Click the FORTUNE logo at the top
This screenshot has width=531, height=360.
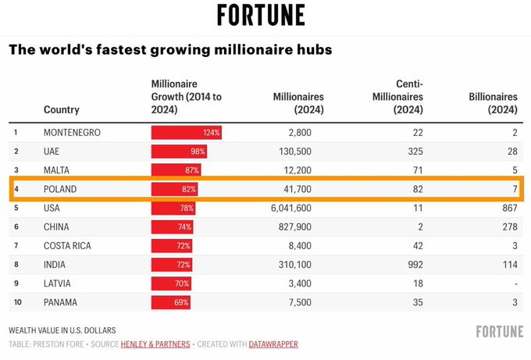click(x=261, y=15)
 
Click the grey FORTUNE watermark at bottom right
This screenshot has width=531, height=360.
click(x=500, y=331)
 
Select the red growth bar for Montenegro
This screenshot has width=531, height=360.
click(x=187, y=133)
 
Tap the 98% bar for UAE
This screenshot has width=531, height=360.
click(x=179, y=151)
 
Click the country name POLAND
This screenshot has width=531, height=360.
click(x=60, y=190)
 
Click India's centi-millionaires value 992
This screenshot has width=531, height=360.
click(x=416, y=265)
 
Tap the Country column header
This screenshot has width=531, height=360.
click(x=61, y=110)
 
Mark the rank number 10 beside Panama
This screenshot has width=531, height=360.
click(x=16, y=302)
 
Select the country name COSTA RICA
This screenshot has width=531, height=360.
click(x=67, y=246)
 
